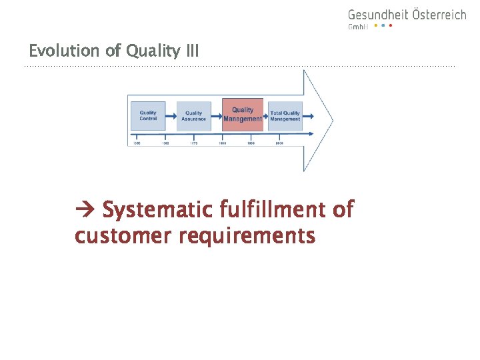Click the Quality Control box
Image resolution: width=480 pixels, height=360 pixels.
click(148, 115)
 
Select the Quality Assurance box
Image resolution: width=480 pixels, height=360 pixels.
click(193, 116)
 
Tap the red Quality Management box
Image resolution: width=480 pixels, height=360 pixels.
click(243, 114)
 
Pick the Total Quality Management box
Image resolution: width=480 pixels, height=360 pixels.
click(285, 116)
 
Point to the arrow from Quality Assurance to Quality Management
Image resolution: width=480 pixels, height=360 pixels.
click(217, 114)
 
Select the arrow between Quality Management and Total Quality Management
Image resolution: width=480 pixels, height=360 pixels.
click(266, 115)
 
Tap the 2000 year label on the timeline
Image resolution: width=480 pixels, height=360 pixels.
click(279, 143)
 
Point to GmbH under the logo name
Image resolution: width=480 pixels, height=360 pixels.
click(358, 27)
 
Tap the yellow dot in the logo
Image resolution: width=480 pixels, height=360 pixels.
click(375, 26)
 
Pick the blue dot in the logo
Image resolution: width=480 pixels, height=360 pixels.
click(383, 26)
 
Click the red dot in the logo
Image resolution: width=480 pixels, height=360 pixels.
click(391, 26)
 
